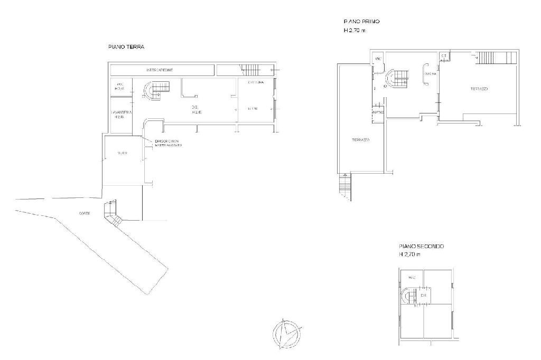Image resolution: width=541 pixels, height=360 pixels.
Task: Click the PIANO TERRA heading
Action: [126, 47]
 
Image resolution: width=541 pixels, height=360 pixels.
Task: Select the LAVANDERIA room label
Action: [121, 112]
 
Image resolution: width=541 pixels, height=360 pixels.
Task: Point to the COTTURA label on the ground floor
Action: [256, 82]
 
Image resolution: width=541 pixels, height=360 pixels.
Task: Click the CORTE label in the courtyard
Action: [84, 213]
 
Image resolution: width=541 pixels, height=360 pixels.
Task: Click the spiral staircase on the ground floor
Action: [155, 90]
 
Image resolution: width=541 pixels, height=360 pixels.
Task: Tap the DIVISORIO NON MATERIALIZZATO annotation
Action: [168, 143]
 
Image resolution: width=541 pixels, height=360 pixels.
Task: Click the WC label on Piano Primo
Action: [378, 58]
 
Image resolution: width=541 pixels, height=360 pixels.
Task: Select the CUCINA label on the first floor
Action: [430, 74]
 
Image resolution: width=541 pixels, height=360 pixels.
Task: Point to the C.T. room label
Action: [444, 55]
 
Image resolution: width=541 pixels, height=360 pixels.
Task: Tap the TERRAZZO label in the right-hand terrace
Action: [479, 89]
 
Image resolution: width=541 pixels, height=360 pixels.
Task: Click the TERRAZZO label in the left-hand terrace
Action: [360, 140]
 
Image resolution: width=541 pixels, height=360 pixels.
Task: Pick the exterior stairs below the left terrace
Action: [344, 187]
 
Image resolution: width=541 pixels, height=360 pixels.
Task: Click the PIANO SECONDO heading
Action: [421, 247]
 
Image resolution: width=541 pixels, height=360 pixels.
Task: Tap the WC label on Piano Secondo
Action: [412, 276]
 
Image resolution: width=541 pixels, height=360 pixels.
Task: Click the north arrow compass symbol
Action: [287, 334]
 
